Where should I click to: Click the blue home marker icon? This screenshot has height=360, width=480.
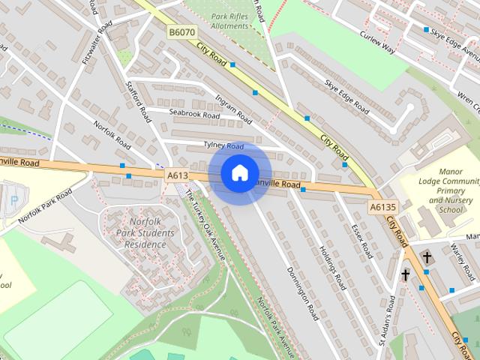(x=239, y=173)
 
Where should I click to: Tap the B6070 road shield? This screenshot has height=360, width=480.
(x=182, y=32)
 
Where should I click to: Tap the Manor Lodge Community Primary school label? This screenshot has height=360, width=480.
(x=448, y=192)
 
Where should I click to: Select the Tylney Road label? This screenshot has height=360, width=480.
(x=223, y=145)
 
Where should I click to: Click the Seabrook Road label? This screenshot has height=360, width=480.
(x=193, y=115)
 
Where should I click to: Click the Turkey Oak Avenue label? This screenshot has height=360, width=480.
(x=204, y=220)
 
